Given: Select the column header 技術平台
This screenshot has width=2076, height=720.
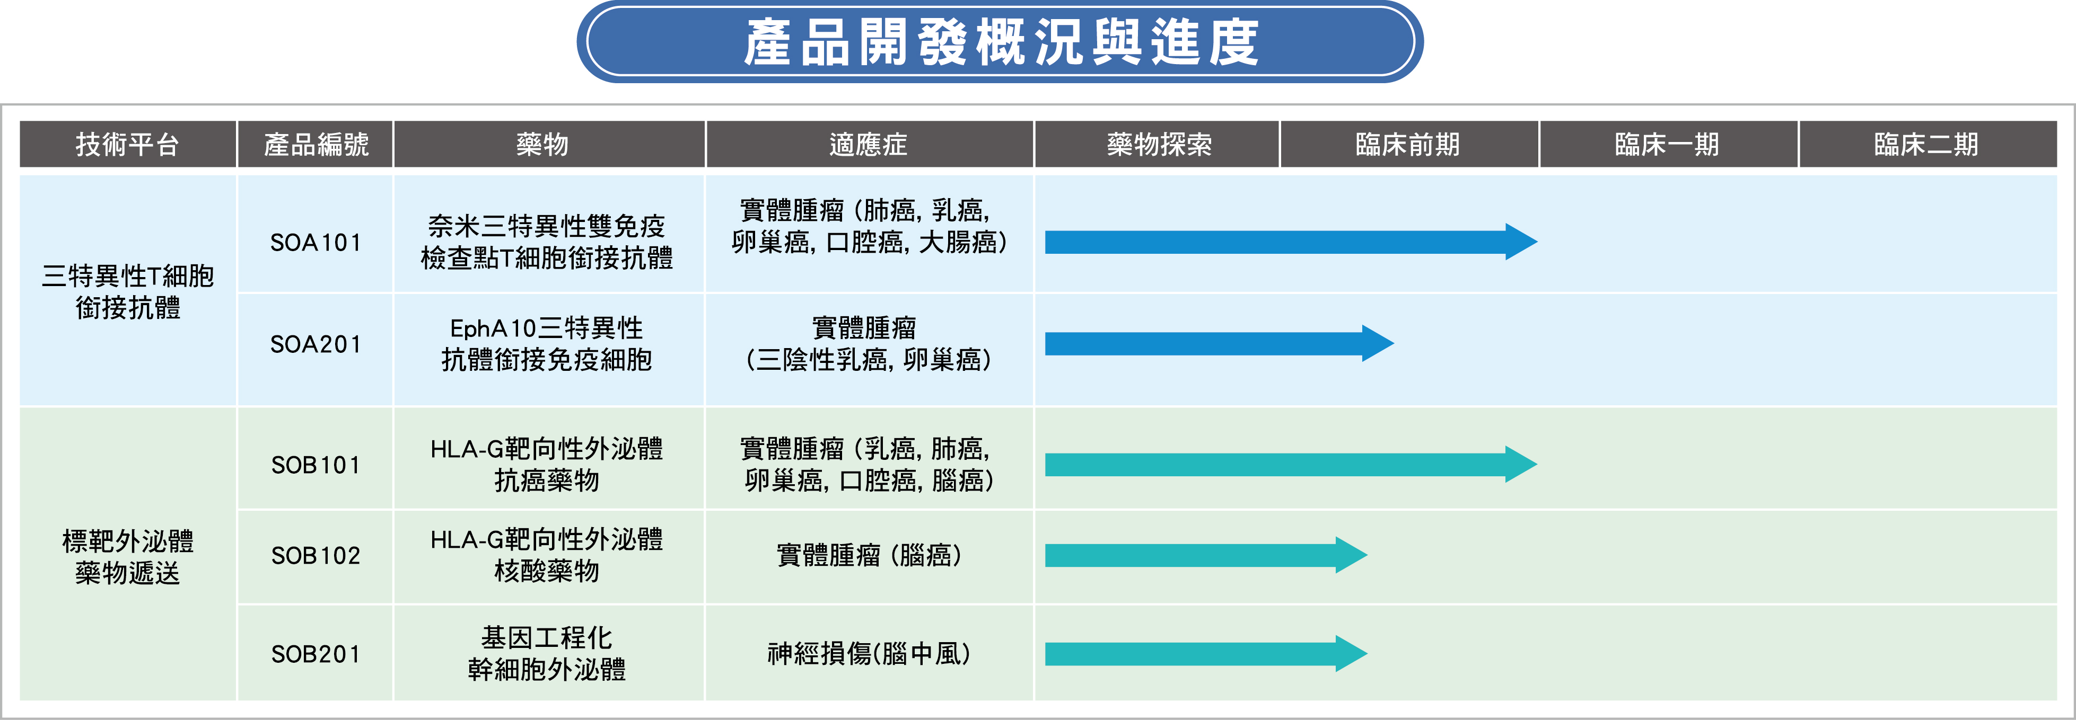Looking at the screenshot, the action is click(127, 144).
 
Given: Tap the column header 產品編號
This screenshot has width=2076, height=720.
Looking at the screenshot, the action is click(316, 144).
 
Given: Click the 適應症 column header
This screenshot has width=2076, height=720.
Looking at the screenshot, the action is click(868, 144).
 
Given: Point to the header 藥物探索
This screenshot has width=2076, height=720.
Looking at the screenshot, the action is click(1159, 144).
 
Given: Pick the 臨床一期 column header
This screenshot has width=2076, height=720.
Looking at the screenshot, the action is click(1667, 144).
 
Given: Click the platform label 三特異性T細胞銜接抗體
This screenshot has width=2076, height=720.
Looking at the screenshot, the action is click(127, 291).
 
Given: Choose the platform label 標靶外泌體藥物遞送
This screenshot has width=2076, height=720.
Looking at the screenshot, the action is click(127, 556).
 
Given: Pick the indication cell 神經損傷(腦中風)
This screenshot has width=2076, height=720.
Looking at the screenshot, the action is click(868, 654).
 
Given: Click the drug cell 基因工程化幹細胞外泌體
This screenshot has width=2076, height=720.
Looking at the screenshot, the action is click(546, 654).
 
